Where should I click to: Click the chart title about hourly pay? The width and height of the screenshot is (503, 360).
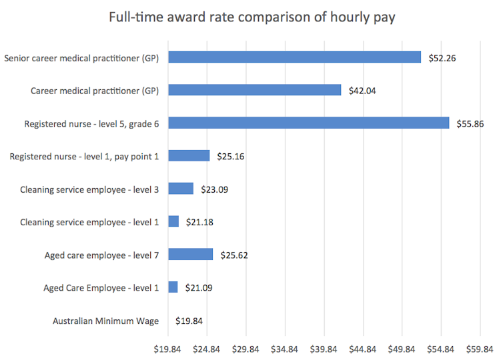pos(252,17)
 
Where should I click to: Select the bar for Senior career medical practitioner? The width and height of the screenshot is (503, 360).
pos(294,57)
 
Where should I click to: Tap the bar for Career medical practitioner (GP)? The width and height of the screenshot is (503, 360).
pos(254,90)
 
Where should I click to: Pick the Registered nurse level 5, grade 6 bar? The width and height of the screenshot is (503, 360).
pos(308,123)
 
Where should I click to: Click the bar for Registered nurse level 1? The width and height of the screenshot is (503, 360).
pos(189,155)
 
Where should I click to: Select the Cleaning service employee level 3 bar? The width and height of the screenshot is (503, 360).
pos(181,189)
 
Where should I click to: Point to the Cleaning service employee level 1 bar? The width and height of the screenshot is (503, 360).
pos(173,221)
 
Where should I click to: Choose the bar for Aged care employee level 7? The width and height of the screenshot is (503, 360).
pos(190,254)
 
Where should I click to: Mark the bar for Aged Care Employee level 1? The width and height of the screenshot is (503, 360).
pos(173,287)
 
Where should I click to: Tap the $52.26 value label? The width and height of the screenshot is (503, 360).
pos(442,57)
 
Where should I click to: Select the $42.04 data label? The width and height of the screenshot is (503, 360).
pos(362,90)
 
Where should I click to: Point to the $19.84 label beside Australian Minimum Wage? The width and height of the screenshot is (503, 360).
pos(189,321)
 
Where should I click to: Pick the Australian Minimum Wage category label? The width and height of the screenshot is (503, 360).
pos(105,321)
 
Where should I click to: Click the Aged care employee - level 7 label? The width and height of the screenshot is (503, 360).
pos(101,255)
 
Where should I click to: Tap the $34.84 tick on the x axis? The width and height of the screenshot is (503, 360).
pos(285,347)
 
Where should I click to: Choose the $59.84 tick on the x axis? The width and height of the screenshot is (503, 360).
pos(480,347)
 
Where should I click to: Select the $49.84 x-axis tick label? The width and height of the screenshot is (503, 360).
pos(402,347)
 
